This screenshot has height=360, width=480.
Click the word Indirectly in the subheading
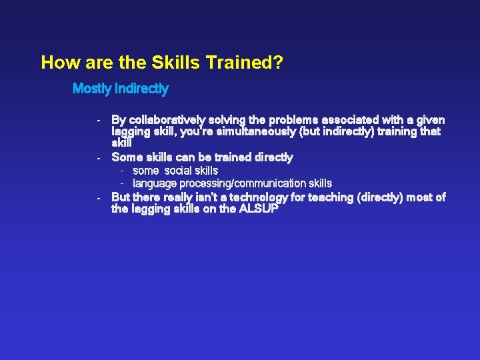click(142, 88)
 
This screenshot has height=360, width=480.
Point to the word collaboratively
click(169, 120)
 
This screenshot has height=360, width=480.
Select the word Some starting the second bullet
click(126, 157)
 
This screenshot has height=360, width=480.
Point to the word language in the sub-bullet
click(155, 183)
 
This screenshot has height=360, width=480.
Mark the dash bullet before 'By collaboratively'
click(98, 121)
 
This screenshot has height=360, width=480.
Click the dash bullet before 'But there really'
click(98, 197)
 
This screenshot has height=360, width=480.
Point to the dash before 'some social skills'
click(123, 171)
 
